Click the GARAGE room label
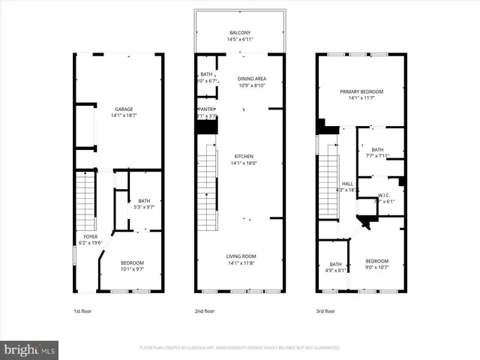click(x=124, y=109)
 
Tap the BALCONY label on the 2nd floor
click(x=240, y=33)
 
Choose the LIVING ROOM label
click(x=241, y=256)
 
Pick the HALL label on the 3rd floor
click(x=347, y=183)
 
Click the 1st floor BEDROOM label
click(x=132, y=262)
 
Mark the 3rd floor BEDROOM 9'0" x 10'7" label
click(x=377, y=260)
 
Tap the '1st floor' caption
click(x=82, y=310)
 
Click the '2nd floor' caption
click(x=204, y=310)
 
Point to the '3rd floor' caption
click(x=325, y=310)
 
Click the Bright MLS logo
click(x=30, y=349)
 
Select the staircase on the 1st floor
click(x=86, y=200)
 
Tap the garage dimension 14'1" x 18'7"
click(x=124, y=115)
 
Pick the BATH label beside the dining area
click(x=206, y=74)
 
